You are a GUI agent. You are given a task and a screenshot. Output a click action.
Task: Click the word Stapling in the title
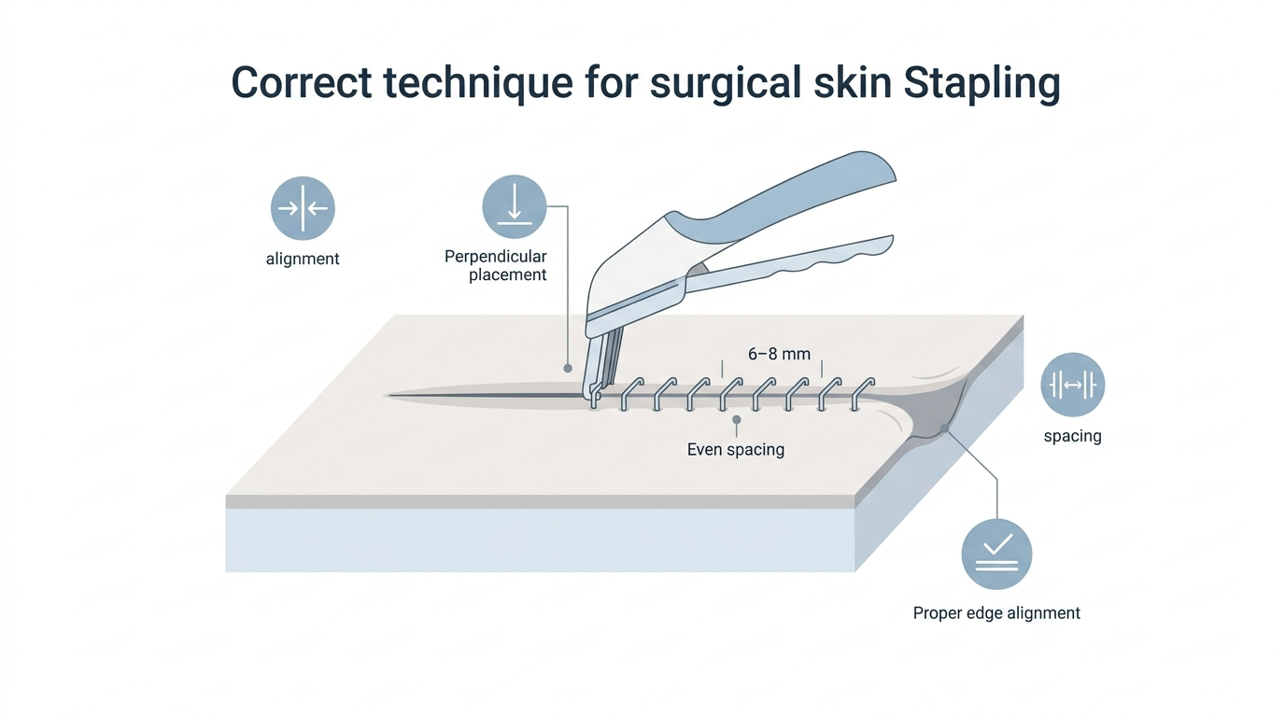(981, 84)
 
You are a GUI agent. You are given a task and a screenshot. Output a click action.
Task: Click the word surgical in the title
(725, 84)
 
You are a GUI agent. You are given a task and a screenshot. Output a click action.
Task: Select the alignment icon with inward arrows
(303, 207)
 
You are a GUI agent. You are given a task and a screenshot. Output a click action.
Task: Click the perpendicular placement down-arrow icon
(514, 206)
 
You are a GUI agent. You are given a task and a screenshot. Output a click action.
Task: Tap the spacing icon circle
(1073, 385)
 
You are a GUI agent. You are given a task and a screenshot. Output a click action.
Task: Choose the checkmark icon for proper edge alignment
(996, 555)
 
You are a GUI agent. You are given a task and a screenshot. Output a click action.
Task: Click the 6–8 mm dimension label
(779, 354)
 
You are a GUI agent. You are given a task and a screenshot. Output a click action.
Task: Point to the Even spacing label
(736, 449)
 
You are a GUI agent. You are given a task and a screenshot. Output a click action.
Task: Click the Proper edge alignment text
(996, 613)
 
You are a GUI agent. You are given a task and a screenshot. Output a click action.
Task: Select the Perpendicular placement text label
(496, 265)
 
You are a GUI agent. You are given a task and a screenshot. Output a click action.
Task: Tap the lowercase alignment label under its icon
(303, 259)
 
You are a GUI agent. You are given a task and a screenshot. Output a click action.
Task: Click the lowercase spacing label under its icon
(1073, 436)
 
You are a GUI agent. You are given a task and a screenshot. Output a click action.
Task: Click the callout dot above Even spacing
(737, 420)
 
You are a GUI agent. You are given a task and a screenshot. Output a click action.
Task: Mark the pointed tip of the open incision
(388, 395)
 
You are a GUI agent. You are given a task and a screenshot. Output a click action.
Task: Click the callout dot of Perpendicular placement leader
(568, 368)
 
